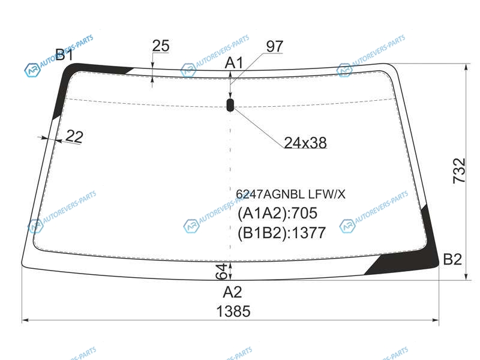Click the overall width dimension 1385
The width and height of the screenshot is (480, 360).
(x=233, y=311)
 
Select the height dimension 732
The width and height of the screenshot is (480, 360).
(x=459, y=171)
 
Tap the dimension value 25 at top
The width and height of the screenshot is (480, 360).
(x=161, y=46)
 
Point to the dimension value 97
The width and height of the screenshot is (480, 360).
(x=275, y=47)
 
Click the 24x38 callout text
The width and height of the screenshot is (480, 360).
(x=305, y=143)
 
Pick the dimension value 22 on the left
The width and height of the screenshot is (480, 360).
(x=74, y=136)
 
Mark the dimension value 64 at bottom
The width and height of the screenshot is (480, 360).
(x=221, y=271)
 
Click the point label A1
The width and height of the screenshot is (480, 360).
(x=234, y=63)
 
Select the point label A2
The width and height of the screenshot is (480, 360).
(x=232, y=292)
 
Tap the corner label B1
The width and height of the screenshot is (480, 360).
(x=64, y=55)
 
